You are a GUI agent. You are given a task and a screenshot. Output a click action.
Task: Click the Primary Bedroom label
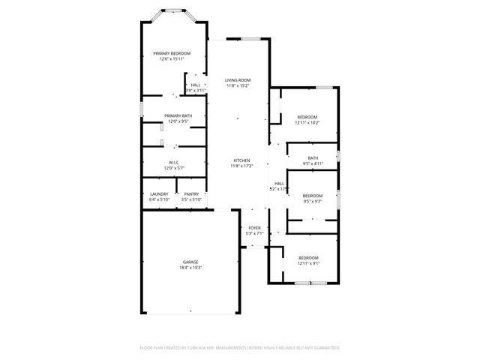point(172,53)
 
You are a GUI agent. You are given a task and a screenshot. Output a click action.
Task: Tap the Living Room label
point(238,80)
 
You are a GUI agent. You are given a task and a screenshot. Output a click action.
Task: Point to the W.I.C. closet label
point(173,163)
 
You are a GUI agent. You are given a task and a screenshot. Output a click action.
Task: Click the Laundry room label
point(159,194)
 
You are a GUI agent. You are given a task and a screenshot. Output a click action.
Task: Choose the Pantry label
point(191,194)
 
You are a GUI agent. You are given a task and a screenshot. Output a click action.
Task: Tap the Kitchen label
point(241,160)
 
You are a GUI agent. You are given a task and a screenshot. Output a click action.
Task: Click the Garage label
point(190,262)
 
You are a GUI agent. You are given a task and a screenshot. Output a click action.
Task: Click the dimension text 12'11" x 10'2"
point(307,123)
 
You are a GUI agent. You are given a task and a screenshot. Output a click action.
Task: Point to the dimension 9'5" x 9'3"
point(312,201)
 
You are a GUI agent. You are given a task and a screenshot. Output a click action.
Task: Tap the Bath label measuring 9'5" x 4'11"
point(313,157)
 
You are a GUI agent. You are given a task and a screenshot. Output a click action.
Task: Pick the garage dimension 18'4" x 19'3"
point(190,268)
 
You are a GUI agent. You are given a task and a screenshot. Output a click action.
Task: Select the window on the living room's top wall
point(251,39)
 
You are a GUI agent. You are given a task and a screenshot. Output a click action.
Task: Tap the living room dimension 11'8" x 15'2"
point(238,86)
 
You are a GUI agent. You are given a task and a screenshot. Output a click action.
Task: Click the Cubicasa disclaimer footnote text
point(240,348)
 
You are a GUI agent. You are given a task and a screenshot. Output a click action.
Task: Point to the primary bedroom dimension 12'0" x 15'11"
point(172,59)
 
